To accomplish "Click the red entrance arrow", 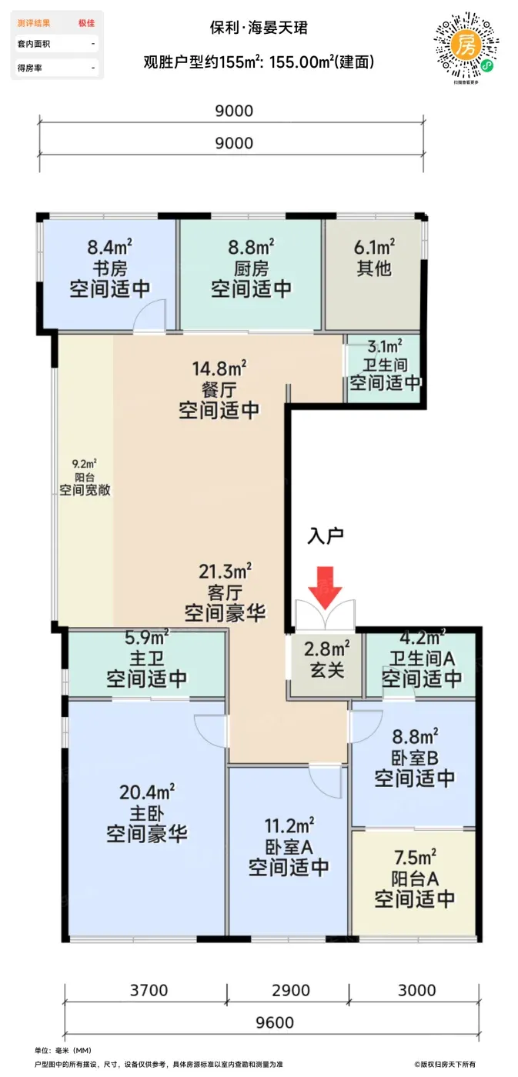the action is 325,593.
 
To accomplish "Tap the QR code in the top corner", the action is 466,47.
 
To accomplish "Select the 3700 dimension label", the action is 149,990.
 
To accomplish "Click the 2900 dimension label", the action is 290,990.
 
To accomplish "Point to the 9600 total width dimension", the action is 275,1022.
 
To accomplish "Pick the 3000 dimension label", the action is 416,990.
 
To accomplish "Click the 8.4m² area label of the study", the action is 109,247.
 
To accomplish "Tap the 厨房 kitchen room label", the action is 251,268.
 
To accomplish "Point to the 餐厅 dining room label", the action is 219,389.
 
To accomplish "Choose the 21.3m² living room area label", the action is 225,571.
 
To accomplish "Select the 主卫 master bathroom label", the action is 147,659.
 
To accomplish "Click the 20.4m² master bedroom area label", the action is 147,792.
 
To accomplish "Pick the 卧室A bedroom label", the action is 289,847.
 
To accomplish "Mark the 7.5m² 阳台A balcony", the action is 413,884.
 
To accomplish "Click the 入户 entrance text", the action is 326,535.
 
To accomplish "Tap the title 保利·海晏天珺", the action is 259,28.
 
